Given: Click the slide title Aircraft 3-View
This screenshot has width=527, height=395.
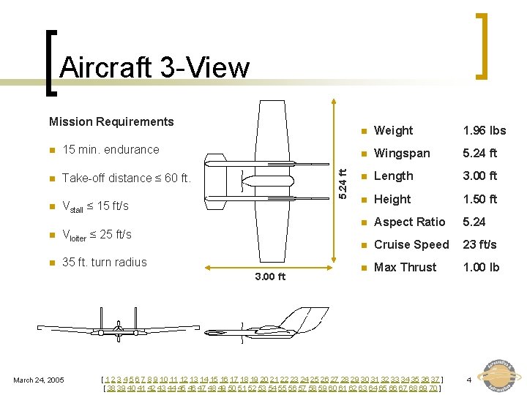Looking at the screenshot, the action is pos(154,68).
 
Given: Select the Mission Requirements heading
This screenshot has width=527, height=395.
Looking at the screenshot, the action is pos(111,121).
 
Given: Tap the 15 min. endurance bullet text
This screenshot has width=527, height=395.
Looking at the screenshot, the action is pos(111,150).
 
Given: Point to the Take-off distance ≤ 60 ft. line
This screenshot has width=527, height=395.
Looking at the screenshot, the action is pos(126,178).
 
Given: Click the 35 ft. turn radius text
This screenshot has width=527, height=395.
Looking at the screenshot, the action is pos(105,262).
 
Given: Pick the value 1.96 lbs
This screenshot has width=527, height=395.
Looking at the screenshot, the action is pos(484,131).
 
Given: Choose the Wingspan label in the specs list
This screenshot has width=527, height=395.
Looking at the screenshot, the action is pos(402,154).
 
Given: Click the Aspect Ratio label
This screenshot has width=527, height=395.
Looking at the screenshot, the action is pos(409,222).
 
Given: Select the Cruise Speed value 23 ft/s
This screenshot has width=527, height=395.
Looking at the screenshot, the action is pos(480,244).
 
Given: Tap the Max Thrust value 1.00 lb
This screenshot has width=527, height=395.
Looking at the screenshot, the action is pos(480,267).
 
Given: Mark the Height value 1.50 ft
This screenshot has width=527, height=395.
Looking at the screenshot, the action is pos(479,199).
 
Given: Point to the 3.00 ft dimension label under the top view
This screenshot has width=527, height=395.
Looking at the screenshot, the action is pos(270,276).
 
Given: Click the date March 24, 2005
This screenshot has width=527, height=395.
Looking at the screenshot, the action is pos(39,379).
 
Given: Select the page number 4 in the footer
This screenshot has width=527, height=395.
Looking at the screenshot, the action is pos(468,379).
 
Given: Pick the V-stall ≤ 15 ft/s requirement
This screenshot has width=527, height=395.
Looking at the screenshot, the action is pos(95,206).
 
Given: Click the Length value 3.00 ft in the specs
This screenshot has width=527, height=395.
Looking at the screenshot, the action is pos(479,176).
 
